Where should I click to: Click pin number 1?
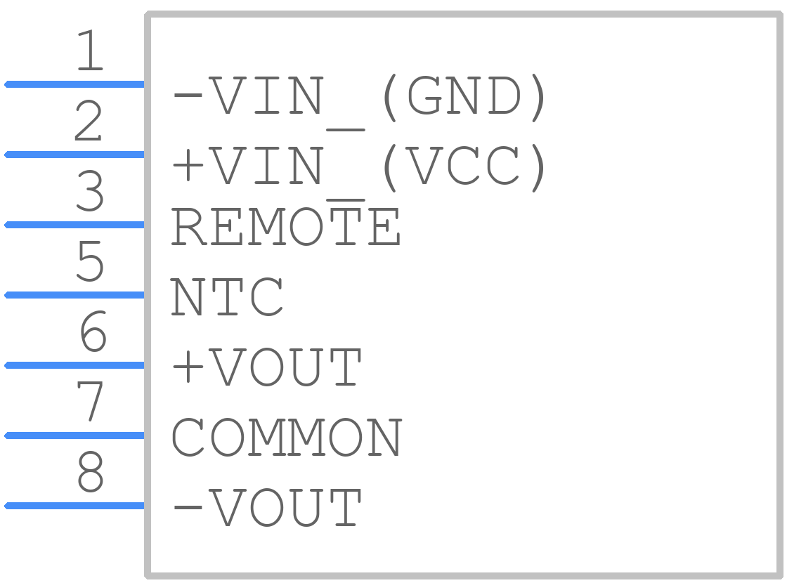click(x=91, y=50)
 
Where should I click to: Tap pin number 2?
click(x=89, y=120)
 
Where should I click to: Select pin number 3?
click(x=91, y=190)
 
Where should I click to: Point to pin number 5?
click(x=91, y=261)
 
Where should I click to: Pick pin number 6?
click(x=93, y=331)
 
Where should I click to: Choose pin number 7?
click(x=90, y=401)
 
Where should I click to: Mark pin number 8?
click(x=91, y=471)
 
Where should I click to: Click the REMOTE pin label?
click(x=285, y=227)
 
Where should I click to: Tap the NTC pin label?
click(x=227, y=297)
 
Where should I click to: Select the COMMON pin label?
click(x=287, y=438)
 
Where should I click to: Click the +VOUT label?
click(x=266, y=367)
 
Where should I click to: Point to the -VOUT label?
click(x=266, y=507)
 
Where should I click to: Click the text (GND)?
click(x=464, y=98)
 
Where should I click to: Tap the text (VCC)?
click(x=464, y=168)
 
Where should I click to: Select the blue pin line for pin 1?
click(x=74, y=84)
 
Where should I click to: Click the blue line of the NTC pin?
click(x=74, y=295)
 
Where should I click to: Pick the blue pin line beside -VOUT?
click(x=74, y=506)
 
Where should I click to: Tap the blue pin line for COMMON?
click(x=74, y=435)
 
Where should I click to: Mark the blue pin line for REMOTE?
click(x=74, y=225)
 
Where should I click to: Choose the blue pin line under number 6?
click(x=74, y=365)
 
